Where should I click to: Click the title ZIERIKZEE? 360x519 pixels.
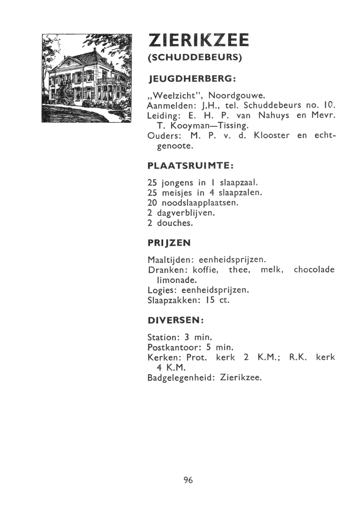199,41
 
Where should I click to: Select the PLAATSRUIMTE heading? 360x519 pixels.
190,166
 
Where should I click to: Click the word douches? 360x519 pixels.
175,223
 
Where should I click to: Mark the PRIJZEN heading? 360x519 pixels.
169,243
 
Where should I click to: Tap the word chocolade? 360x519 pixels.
314,270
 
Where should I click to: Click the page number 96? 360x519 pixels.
188,480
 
